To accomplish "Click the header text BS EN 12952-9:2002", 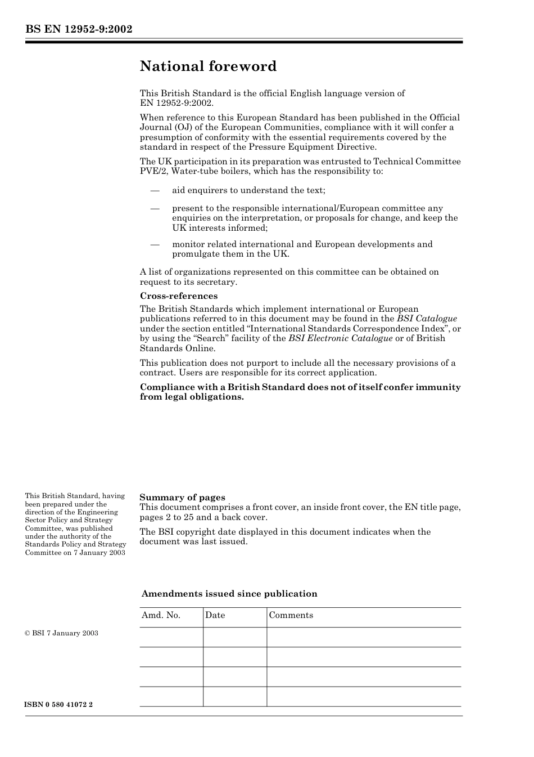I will pyautogui.click(x=79, y=29).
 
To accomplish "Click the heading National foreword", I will pyautogui.click(x=208, y=66).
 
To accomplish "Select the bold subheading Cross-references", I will pyautogui.click(x=178, y=296).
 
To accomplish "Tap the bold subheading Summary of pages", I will pyautogui.click(x=182, y=497).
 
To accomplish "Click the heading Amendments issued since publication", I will pyautogui.click(x=229, y=594).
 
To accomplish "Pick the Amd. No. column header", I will pyautogui.click(x=161, y=615).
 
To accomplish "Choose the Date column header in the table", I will pyautogui.click(x=215, y=615).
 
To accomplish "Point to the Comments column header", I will pyautogui.click(x=291, y=615).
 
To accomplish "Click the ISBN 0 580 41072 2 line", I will pyautogui.click(x=59, y=705).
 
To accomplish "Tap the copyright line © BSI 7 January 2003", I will pyautogui.click(x=61, y=633).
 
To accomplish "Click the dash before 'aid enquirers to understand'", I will pyautogui.click(x=155, y=191).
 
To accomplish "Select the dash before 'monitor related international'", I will pyautogui.click(x=155, y=244).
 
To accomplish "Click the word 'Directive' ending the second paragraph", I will pyautogui.click(x=357, y=147).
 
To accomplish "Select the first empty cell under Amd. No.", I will pyautogui.click(x=171, y=637).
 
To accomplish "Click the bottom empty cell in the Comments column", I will pyautogui.click(x=364, y=696).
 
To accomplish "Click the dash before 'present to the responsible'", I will pyautogui.click(x=155, y=208).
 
